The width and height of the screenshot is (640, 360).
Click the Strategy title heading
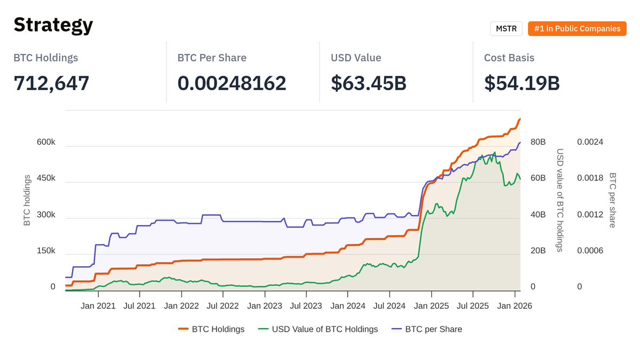(53, 25)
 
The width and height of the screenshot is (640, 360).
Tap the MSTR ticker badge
(506, 29)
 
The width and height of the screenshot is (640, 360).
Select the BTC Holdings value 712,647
(51, 83)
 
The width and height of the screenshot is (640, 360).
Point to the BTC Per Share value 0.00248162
(231, 83)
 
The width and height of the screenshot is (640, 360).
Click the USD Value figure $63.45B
(369, 83)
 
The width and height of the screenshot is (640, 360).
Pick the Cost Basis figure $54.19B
(522, 83)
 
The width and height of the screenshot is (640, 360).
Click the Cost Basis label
(509, 58)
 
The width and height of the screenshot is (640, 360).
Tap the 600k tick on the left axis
(46, 142)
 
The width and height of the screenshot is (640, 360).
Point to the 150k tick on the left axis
(46, 251)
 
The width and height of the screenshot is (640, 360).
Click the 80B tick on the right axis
(538, 142)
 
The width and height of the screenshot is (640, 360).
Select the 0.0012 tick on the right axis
(590, 215)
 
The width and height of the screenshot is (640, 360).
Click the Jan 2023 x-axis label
(265, 306)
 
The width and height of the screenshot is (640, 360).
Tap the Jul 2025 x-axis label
(473, 306)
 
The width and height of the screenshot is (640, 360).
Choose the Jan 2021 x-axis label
(98, 306)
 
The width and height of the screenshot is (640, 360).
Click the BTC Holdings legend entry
(211, 329)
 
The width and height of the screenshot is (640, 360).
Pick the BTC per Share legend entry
(427, 329)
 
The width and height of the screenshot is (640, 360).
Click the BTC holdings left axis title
(27, 200)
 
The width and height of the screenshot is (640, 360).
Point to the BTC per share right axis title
(612, 200)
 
